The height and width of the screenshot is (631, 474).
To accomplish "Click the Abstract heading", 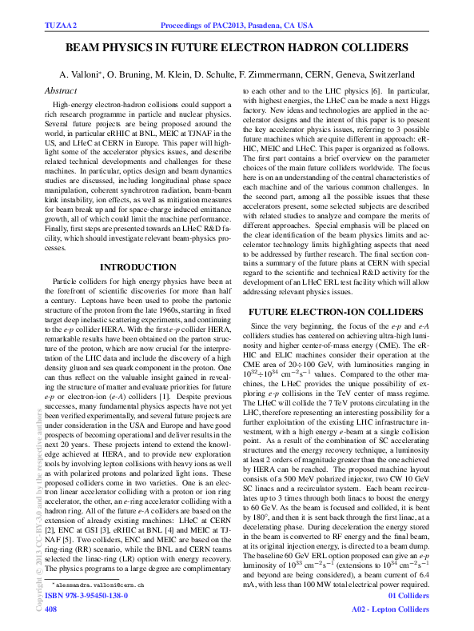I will (x=61, y=90).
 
